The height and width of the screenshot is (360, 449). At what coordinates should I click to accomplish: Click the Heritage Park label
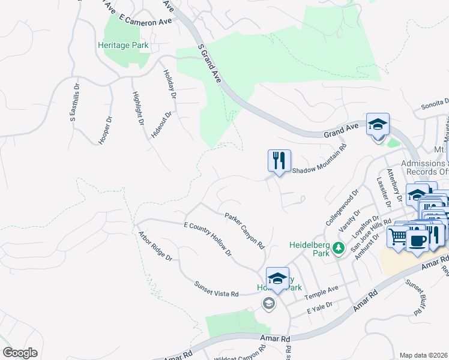point(124,45)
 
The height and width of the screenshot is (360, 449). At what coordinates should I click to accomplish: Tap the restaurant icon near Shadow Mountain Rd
point(279,161)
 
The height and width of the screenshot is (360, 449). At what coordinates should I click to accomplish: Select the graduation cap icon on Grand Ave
point(378,125)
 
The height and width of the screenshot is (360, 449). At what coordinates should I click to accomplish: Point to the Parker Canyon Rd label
point(245,230)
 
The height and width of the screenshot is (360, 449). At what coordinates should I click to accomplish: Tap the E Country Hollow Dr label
point(208,239)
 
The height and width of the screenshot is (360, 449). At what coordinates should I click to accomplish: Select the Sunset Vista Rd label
point(216,289)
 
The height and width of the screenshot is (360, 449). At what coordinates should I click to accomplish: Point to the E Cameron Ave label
point(146,21)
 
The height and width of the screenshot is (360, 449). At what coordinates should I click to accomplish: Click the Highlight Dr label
point(137,109)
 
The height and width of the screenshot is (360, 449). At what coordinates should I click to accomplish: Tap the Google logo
point(20,353)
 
